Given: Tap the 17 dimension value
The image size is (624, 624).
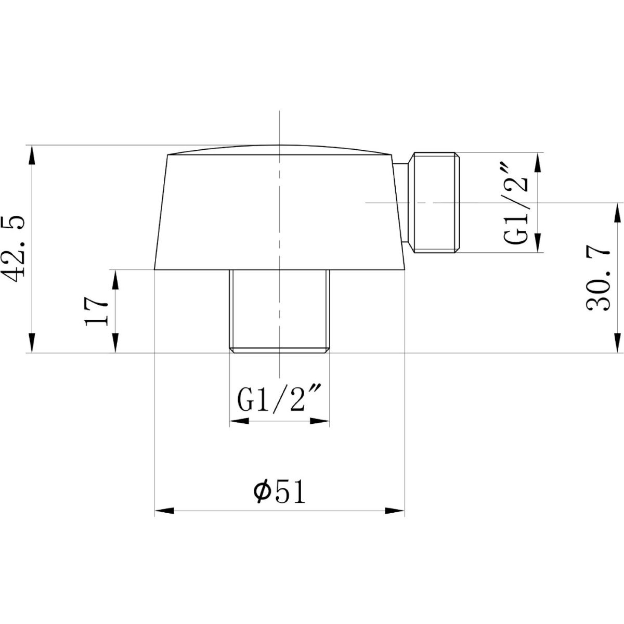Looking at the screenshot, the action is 96,311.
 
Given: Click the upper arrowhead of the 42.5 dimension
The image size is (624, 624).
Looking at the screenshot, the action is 32,155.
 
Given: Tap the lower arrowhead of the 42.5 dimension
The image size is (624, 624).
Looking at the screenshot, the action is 32,342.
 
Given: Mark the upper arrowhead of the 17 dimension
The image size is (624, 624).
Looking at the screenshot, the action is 115,280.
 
